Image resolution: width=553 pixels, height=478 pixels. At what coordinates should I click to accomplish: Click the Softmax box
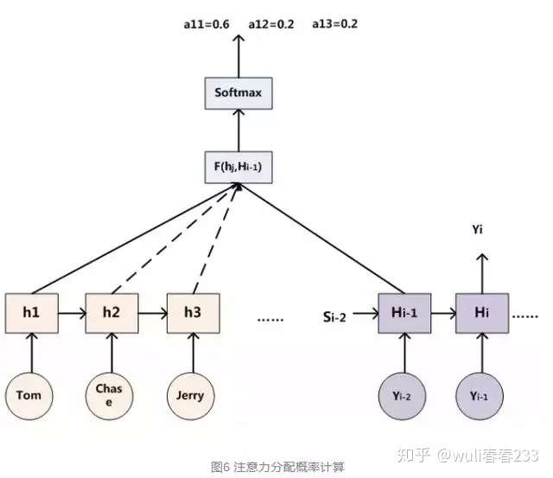pyautogui.click(x=238, y=93)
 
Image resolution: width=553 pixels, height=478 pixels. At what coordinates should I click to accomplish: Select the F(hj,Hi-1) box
pyautogui.click(x=238, y=167)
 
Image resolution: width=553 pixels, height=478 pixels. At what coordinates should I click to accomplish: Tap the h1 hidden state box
pyautogui.click(x=32, y=313)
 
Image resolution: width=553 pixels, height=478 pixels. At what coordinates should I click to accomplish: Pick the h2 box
pyautogui.click(x=111, y=313)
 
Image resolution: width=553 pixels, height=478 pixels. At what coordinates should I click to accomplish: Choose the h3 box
pyautogui.click(x=194, y=313)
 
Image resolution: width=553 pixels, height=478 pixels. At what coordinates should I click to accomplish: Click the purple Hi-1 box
pyautogui.click(x=404, y=313)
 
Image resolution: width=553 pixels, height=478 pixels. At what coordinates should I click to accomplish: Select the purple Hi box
pyautogui.click(x=482, y=313)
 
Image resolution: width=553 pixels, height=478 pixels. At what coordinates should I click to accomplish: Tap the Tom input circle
pyautogui.click(x=29, y=396)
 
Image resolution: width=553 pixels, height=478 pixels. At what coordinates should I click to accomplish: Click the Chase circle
pyautogui.click(x=110, y=396)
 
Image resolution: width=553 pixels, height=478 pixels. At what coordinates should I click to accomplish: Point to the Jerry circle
pyautogui.click(x=190, y=396)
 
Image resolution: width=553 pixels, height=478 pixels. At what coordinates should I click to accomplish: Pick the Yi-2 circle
pyautogui.click(x=402, y=396)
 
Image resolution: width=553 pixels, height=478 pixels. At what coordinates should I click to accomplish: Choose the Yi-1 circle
pyautogui.click(x=480, y=396)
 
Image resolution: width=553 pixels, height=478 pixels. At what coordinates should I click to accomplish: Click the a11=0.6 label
pyautogui.click(x=207, y=24)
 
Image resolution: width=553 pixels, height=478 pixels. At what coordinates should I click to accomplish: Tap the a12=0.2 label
pyautogui.click(x=271, y=24)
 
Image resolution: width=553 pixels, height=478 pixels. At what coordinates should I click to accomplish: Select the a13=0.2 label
pyautogui.click(x=335, y=24)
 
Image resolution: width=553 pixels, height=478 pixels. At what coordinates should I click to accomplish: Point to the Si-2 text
pyautogui.click(x=334, y=317)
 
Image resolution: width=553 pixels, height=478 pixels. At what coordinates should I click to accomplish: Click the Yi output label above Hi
pyautogui.click(x=478, y=230)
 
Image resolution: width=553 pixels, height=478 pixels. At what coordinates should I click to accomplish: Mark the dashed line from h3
pyautogui.click(x=216, y=239)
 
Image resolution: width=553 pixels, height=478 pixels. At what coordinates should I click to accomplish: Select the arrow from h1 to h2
pyautogui.click(x=73, y=313)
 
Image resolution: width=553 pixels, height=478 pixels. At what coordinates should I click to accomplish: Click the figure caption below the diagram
pyautogui.click(x=277, y=467)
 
